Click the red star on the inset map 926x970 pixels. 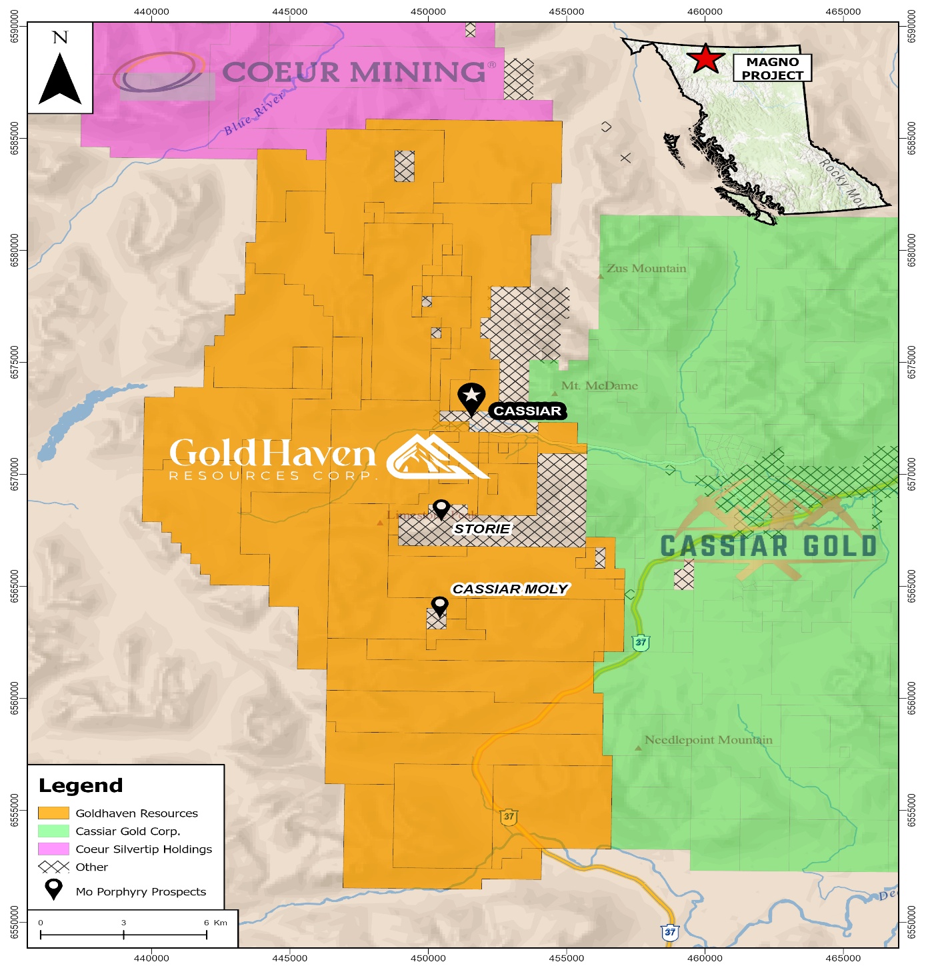pyautogui.click(x=705, y=59)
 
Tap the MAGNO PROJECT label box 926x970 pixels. pyautogui.click(x=772, y=69)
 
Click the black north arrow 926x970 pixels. pyautogui.click(x=60, y=79)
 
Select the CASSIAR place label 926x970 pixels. pyautogui.click(x=527, y=411)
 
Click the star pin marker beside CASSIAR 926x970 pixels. pyautogui.click(x=471, y=397)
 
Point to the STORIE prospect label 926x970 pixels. pyautogui.click(x=482, y=529)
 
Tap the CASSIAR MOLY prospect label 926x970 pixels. pyautogui.click(x=510, y=589)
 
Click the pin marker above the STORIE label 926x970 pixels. pyautogui.click(x=441, y=509)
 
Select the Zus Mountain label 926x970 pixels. pyautogui.click(x=645, y=269)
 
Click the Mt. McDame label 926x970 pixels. pyautogui.click(x=599, y=386)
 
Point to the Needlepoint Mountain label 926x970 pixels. pyautogui.click(x=708, y=740)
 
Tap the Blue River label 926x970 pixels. pyautogui.click(x=255, y=113)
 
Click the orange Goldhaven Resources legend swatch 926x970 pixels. pyautogui.click(x=53, y=813)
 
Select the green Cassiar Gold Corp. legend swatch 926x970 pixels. pyautogui.click(x=53, y=831)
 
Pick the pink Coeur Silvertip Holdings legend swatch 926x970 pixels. pyautogui.click(x=53, y=849)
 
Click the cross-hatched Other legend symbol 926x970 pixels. pyautogui.click(x=53, y=867)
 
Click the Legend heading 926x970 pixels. pyautogui.click(x=81, y=786)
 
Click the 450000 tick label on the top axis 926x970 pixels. pyautogui.click(x=428, y=11)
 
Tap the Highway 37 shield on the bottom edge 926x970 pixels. pyautogui.click(x=670, y=933)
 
